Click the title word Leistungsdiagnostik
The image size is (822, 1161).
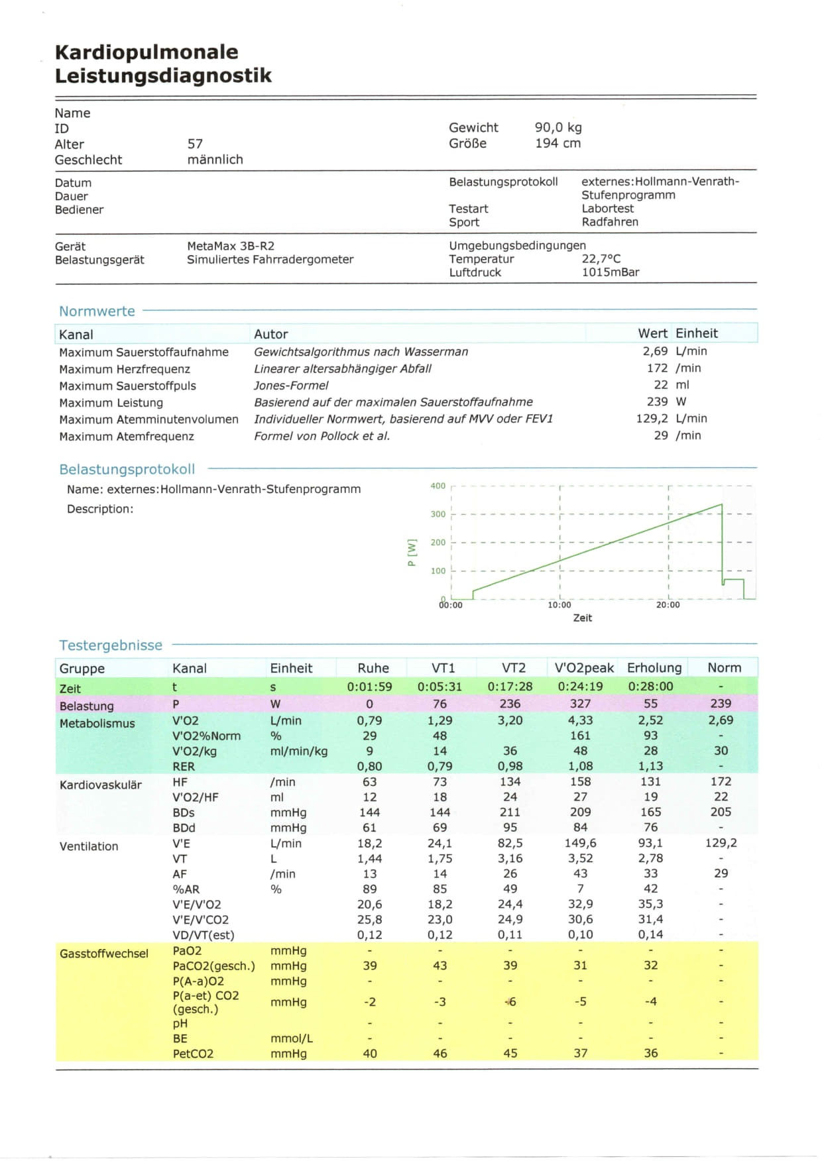163,76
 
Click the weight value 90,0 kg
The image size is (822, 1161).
558,127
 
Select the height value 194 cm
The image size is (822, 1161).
558,143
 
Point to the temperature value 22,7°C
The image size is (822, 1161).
601,259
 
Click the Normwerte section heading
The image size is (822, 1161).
97,311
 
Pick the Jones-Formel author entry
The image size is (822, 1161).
291,385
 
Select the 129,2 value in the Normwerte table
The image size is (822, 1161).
652,419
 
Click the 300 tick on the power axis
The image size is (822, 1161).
438,514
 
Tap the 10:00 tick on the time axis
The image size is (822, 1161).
559,605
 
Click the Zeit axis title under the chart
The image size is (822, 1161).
582,618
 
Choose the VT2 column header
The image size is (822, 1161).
513,668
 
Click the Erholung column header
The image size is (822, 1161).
654,668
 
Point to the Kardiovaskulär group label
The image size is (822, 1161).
101,785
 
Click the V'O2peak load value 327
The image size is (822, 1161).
580,704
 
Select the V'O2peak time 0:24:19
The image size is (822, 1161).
580,687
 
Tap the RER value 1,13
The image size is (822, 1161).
651,766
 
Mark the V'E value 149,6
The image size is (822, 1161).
580,843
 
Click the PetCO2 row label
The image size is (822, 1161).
193,1054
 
